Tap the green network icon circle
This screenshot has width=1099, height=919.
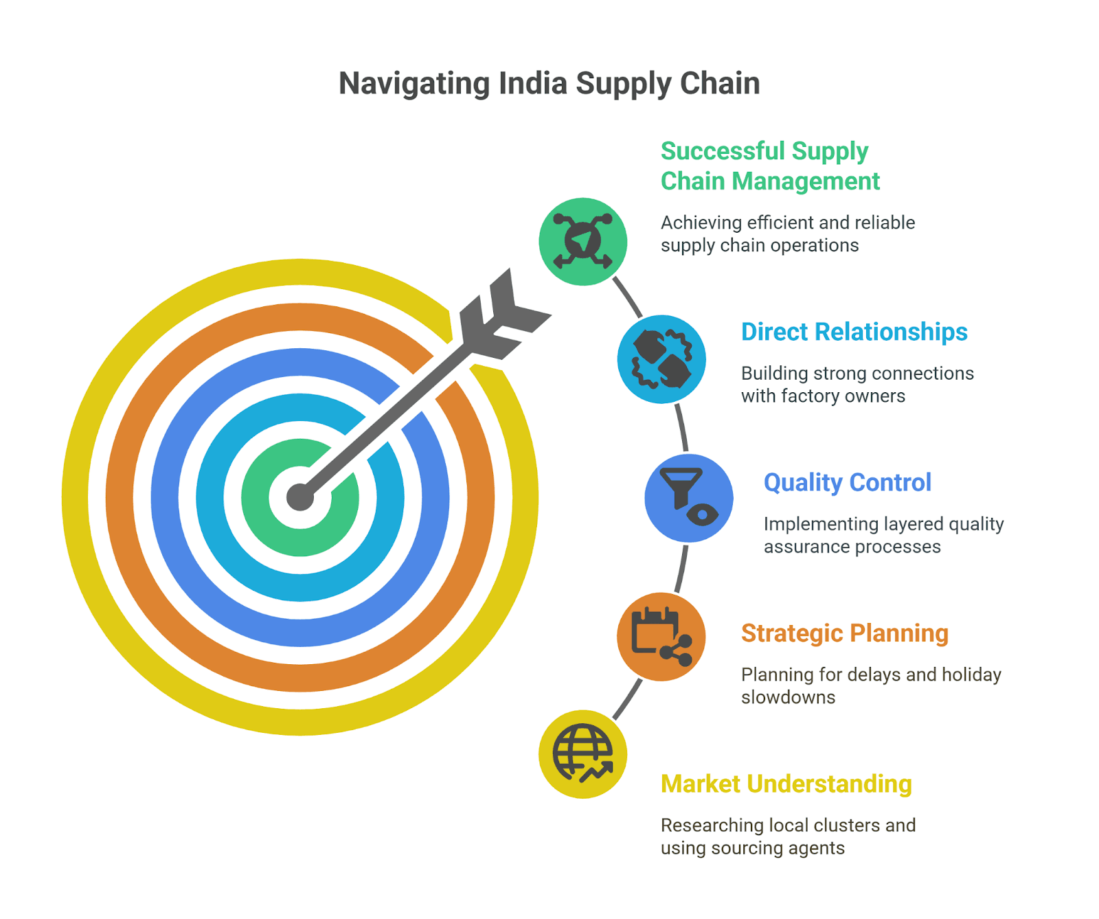coord(583,242)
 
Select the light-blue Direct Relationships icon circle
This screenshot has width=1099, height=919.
coord(661,359)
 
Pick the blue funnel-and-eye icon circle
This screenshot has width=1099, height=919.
coord(689,498)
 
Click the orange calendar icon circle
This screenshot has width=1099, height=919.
coord(661,637)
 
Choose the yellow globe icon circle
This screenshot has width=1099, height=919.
coord(583,754)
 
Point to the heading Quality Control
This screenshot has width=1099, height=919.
coord(848,483)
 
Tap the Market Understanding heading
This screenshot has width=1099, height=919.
coord(786,784)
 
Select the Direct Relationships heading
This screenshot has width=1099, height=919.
coord(854,332)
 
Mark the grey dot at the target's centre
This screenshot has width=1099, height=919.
coord(300,497)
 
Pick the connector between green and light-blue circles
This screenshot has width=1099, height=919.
coord(627,297)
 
